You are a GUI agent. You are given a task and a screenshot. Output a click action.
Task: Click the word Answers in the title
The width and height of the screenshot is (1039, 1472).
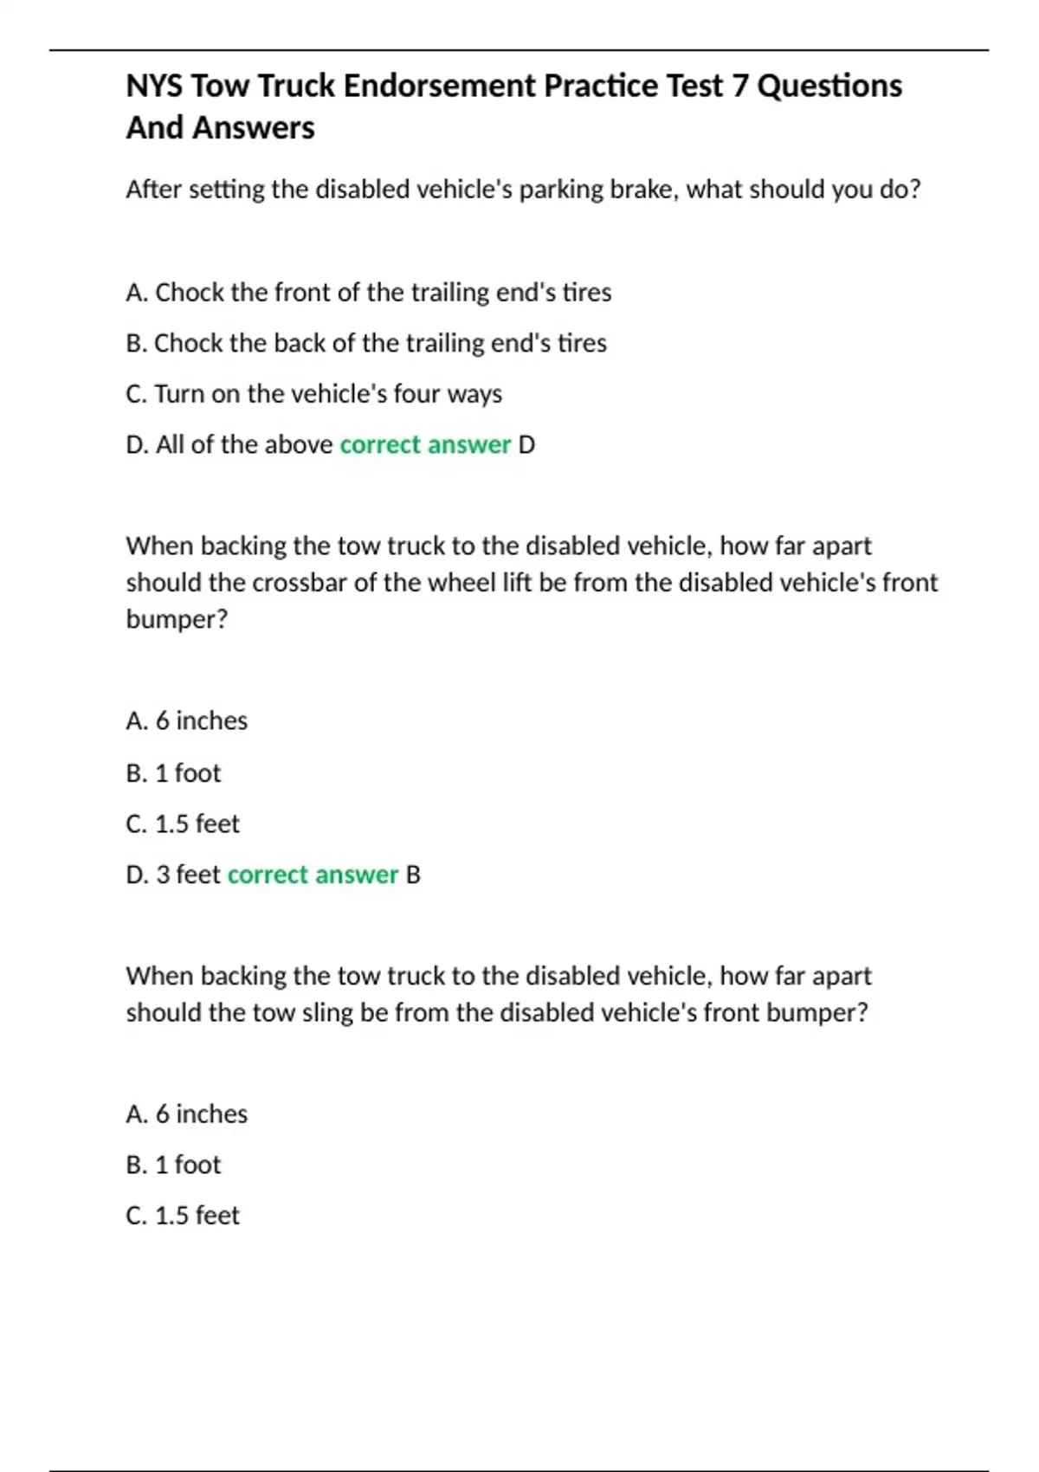[254, 128]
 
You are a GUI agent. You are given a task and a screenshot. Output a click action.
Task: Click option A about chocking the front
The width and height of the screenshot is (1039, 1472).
[368, 293]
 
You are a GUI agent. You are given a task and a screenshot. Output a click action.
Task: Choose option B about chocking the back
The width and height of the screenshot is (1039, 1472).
[365, 343]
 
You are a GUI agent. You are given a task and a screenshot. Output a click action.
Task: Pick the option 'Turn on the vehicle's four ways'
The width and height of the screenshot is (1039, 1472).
[313, 394]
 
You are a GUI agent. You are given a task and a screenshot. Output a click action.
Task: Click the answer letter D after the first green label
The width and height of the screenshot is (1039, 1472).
[526, 445]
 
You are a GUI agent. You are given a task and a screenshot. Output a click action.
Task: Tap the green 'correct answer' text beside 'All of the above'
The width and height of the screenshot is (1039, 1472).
[425, 445]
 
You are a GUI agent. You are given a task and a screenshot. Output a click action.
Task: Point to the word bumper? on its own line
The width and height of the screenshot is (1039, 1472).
[177, 620]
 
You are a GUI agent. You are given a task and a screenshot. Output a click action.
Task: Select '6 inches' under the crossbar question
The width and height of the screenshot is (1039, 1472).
[187, 720]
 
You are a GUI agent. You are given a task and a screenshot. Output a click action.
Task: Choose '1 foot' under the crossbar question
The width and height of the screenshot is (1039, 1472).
[173, 772]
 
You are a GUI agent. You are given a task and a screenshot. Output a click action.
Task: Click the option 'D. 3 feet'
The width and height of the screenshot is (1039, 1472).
[173, 875]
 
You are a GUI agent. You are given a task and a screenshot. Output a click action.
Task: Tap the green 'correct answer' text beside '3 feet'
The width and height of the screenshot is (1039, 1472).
[313, 875]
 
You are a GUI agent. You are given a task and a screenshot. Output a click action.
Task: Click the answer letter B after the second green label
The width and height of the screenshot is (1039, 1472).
[413, 875]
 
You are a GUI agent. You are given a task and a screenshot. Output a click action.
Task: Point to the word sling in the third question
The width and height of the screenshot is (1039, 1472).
[326, 1013]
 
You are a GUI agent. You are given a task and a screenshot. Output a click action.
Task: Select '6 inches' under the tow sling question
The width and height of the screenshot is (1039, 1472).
[187, 1114]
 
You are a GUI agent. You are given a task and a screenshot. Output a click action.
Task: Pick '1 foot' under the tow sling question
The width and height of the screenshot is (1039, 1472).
[173, 1165]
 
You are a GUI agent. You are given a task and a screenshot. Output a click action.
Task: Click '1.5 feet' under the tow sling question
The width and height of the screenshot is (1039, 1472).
[183, 1216]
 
